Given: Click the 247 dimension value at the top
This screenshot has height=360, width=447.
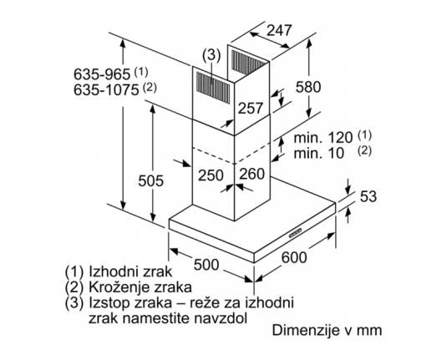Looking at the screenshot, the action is pyautogui.click(x=279, y=30).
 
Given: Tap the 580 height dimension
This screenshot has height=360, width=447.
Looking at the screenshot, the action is pyautogui.click(x=308, y=87).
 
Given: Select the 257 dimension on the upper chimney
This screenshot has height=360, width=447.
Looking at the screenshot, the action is pyautogui.click(x=250, y=108).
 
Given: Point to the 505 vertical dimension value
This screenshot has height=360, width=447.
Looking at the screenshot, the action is pyautogui.click(x=150, y=180).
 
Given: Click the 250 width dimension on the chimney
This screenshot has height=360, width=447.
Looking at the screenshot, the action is pyautogui.click(x=211, y=175).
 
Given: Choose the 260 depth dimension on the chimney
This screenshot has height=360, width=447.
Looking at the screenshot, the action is pyautogui.click(x=252, y=174).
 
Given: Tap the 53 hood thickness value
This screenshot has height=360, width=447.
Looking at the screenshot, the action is pyautogui.click(x=368, y=196).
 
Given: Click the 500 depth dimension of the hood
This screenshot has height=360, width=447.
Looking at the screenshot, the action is pyautogui.click(x=206, y=265).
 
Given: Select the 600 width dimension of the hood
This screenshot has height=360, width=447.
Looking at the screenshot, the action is pyautogui.click(x=294, y=257).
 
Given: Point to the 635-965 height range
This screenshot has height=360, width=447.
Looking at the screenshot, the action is pyautogui.click(x=102, y=74).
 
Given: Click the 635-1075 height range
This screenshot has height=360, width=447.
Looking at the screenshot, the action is pyautogui.click(x=106, y=90).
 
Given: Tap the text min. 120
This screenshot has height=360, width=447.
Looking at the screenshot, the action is pyautogui.click(x=323, y=138).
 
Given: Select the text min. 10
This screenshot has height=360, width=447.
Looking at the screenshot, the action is pyautogui.click(x=319, y=153).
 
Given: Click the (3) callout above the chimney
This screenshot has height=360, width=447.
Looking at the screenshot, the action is pyautogui.click(x=211, y=55).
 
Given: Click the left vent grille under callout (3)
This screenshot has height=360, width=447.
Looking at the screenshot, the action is pyautogui.click(x=213, y=87).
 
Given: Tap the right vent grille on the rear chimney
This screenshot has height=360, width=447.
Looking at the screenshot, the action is pyautogui.click(x=249, y=63).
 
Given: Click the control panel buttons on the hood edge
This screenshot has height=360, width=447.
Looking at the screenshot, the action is pyautogui.click(x=295, y=233).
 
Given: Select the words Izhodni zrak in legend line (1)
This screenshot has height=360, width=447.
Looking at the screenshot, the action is pyautogui.click(x=130, y=271).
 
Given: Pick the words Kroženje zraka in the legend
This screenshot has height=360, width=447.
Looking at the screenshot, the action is pyautogui.click(x=140, y=286).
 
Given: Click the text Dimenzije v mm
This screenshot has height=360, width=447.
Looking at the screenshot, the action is pyautogui.click(x=327, y=331).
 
